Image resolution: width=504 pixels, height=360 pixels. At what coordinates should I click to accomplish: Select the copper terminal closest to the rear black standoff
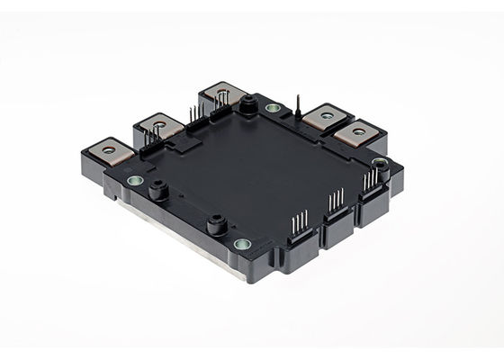(222, 91)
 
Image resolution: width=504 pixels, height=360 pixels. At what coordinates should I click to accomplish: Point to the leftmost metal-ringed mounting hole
(136, 180)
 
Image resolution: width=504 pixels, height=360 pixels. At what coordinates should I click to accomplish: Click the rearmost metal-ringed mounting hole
(273, 109)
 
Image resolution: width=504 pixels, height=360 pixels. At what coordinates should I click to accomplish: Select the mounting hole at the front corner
(241, 244)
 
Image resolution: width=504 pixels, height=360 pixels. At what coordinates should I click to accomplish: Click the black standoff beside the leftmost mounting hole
(159, 190)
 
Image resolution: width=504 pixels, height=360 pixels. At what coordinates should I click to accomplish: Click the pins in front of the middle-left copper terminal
(153, 136)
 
